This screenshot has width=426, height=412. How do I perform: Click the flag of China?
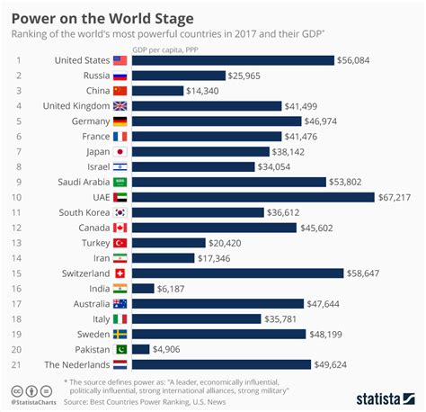pyautogui.click(x=121, y=91)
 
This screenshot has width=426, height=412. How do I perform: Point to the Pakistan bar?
pyautogui.click(x=140, y=349)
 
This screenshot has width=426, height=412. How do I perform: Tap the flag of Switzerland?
pyautogui.click(x=121, y=273)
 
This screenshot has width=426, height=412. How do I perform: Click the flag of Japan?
pyautogui.click(x=121, y=152)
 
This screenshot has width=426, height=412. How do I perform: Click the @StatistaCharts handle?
pyautogui.click(x=39, y=402)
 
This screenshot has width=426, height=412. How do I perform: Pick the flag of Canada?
pyautogui.click(x=121, y=228)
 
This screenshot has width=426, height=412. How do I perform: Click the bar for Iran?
pyautogui.click(x=163, y=258)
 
